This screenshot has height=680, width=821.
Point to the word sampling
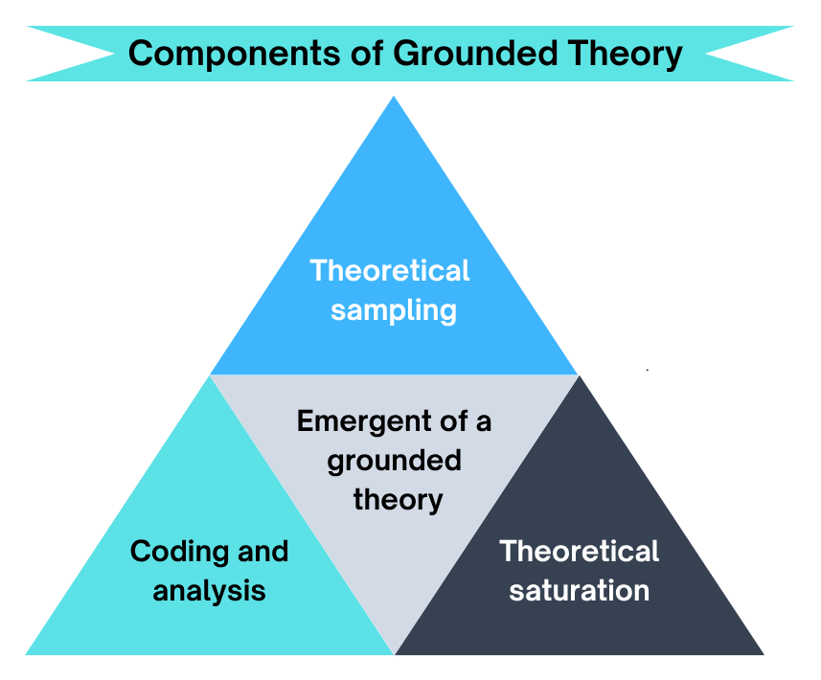click(393, 311)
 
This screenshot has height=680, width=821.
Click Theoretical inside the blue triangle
click(390, 270)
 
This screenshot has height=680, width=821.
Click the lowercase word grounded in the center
click(394, 460)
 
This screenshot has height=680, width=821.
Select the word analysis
click(209, 590)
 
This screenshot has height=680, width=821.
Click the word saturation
click(579, 590)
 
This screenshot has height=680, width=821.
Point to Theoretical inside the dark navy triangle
click(579, 552)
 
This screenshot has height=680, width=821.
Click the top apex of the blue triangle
click(394, 97)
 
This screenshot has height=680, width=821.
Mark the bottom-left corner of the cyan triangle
click(27, 654)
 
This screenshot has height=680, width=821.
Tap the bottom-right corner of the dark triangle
click(763, 654)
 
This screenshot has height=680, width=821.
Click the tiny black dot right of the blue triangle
click(648, 369)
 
